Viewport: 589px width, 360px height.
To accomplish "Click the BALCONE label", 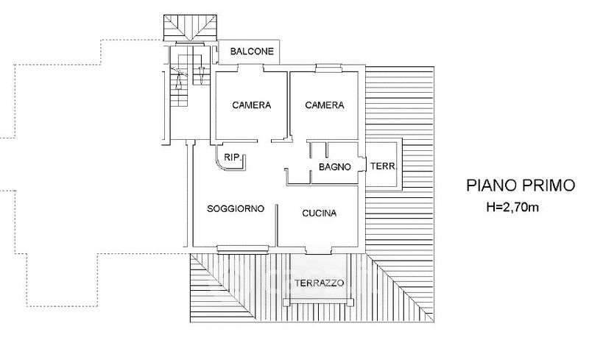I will click(x=253, y=52).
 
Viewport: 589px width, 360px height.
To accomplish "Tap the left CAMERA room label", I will click(x=252, y=105).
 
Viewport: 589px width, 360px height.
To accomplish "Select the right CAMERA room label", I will click(x=325, y=105).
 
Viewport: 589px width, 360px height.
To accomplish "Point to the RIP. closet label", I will click(x=233, y=157).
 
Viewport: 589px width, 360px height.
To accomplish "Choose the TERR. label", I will click(x=382, y=166).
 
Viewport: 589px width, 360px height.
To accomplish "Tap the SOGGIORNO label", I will click(x=235, y=209).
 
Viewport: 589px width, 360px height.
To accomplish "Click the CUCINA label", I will click(x=320, y=213).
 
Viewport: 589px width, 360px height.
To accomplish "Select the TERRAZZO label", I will click(x=318, y=283).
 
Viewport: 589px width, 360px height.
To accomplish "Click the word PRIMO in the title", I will click(x=549, y=186).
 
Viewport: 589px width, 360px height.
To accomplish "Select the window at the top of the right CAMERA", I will click(x=323, y=68).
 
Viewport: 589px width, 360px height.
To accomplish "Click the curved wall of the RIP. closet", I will click(x=220, y=162).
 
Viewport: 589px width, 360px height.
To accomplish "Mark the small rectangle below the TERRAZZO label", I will click(x=320, y=301).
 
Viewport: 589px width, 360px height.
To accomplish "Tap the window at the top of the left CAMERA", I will click(x=250, y=68).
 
